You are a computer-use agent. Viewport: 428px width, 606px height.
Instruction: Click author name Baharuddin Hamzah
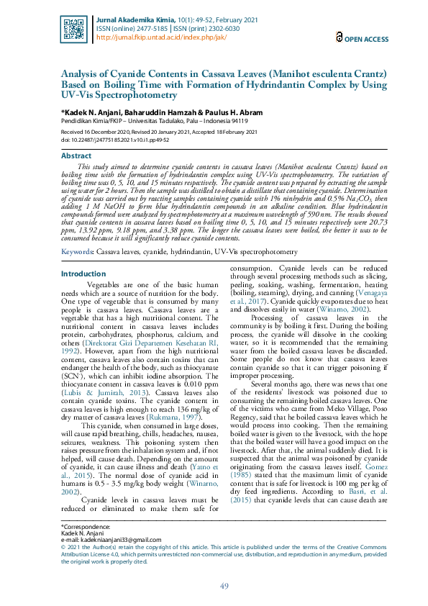point(152,113)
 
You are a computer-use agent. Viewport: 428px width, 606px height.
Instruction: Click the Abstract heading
point(76,155)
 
